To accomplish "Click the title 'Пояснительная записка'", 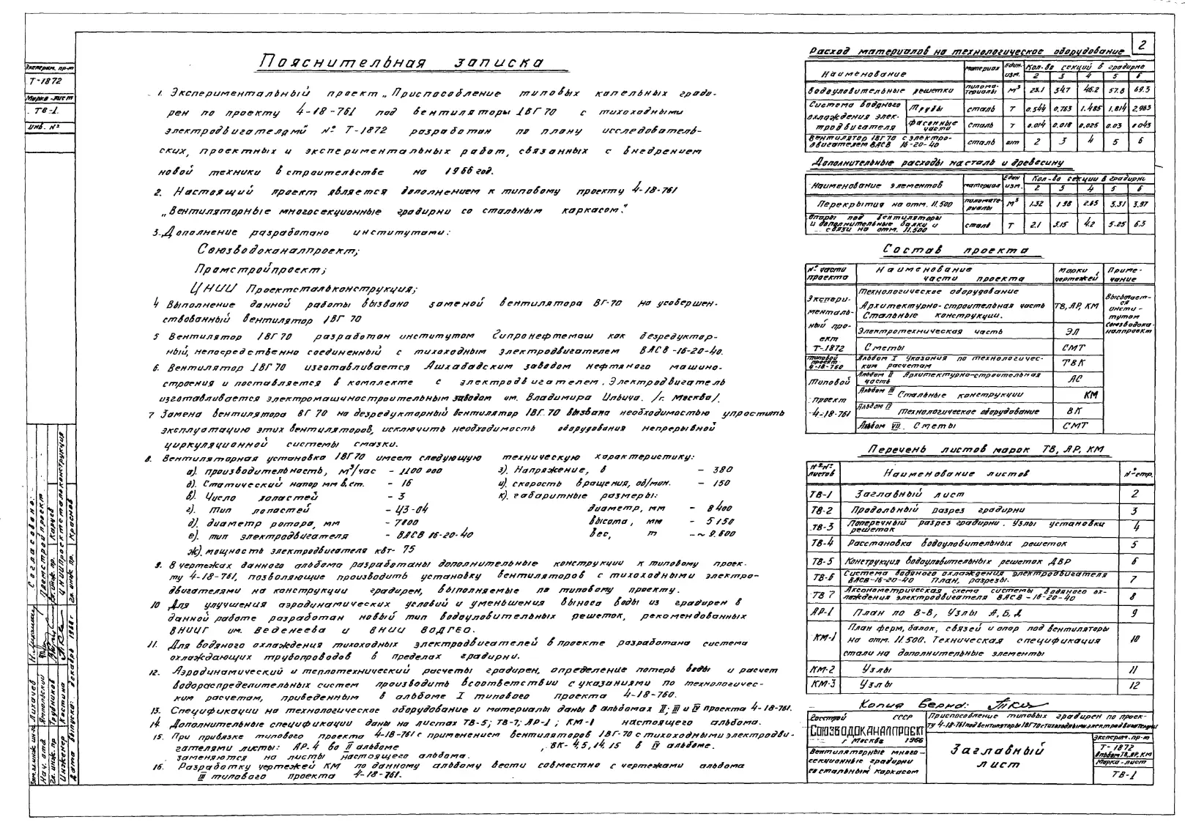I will click(x=402, y=63).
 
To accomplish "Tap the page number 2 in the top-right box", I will click(x=1141, y=45).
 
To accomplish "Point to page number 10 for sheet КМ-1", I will click(x=1134, y=638).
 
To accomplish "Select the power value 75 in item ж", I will click(x=408, y=549).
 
